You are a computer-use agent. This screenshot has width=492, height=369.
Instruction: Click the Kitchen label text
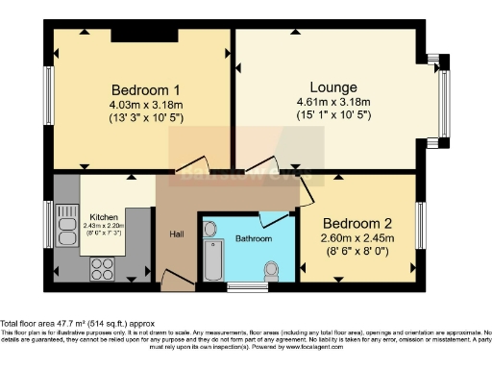[x=104, y=217]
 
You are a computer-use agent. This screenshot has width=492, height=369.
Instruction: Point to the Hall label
[x=177, y=234]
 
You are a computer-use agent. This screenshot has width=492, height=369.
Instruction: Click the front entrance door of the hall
[x=176, y=280]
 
